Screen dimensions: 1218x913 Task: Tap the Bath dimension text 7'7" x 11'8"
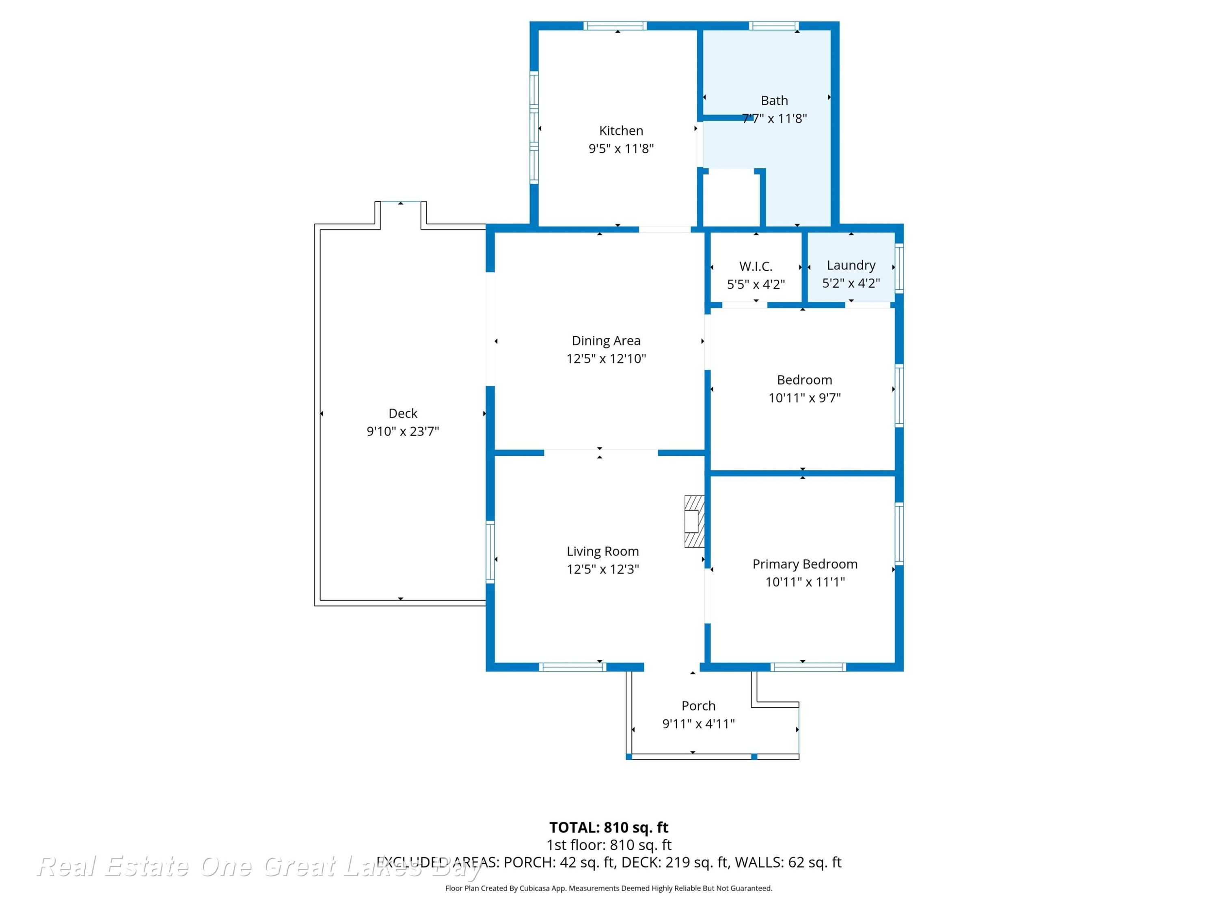pos(774,118)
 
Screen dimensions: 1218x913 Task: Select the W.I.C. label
pos(756,266)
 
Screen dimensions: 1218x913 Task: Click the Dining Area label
pos(606,341)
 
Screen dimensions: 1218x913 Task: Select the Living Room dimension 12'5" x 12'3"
pos(603,569)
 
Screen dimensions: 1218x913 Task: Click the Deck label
pos(403,413)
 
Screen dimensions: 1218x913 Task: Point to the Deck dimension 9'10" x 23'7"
pos(403,431)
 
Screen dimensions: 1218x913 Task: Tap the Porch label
pos(698,706)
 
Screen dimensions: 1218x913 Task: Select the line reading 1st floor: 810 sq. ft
pos(609,845)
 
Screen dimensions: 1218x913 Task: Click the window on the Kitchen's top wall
pos(615,25)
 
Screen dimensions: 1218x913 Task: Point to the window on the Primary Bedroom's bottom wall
pos(808,667)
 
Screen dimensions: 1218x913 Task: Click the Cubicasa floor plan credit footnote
pos(609,888)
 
